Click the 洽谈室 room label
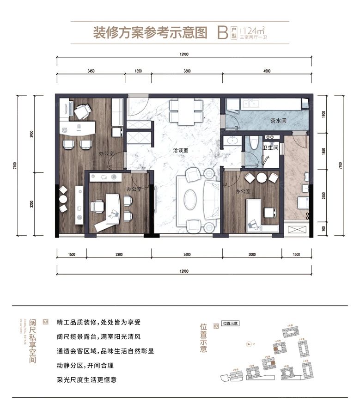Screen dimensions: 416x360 pyautogui.click(x=186, y=151)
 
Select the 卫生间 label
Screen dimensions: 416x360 pyautogui.click(x=270, y=148)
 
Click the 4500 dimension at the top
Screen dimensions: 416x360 pyautogui.click(x=266, y=71)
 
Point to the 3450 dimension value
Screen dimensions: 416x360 pyautogui.click(x=91, y=71)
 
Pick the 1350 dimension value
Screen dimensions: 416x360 pyautogui.click(x=138, y=71)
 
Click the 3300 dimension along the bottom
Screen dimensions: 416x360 pyautogui.click(x=119, y=255)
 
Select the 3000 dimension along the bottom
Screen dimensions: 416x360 pyautogui.click(x=251, y=255)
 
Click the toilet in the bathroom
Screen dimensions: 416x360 pyautogui.click(x=252, y=142)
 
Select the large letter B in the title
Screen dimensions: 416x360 pyautogui.click(x=222, y=33)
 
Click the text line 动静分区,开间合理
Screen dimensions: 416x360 pyautogui.click(x=85, y=366)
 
